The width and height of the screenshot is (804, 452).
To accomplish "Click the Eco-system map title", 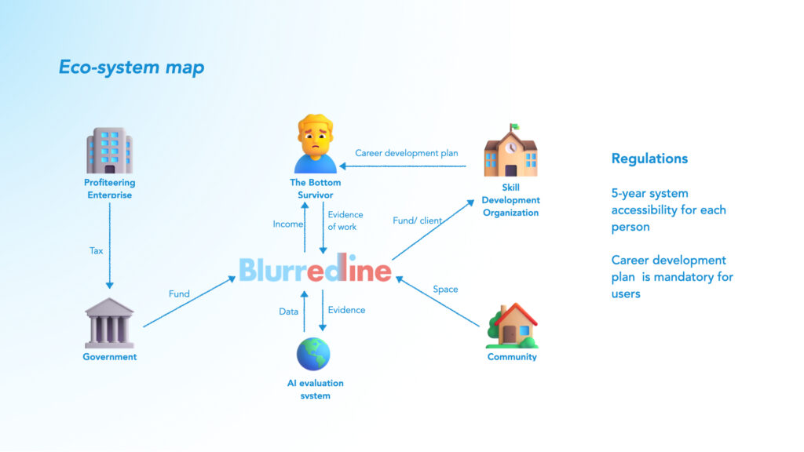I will pos(131,67).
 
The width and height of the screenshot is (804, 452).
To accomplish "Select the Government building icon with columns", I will pos(109,323).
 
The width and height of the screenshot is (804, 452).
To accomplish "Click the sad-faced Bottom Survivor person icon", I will pos(315,145).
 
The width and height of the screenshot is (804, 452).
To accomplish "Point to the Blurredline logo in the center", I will pos(315,270).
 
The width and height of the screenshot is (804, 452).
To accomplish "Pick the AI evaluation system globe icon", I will pos(313,353).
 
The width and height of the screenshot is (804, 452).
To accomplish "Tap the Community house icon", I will pos(512,326).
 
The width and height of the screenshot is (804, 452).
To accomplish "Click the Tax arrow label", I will pos(96,251).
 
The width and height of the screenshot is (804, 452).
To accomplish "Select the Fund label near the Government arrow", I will pos(179,294).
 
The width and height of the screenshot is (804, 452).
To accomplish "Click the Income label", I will pos(288,224).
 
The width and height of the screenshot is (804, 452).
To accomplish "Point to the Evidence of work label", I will pos(342,221).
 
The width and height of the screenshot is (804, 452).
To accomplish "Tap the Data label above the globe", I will pos(289,312).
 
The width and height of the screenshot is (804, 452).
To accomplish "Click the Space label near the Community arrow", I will pos(445,290).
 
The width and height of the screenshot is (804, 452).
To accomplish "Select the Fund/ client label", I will pos(417,221).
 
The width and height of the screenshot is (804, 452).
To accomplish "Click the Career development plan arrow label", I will pos(406,153).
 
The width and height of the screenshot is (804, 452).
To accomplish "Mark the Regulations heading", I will pos(649,159).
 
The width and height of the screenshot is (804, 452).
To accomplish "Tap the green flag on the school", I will pos(514,126).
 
